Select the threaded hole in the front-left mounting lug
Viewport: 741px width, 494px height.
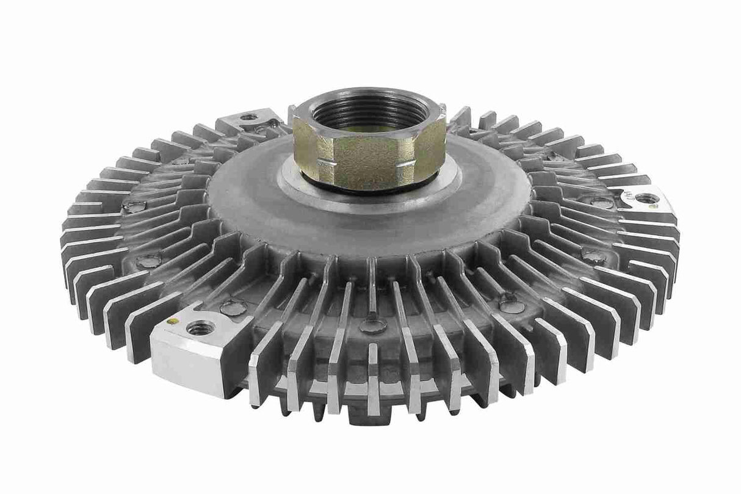point(200,329)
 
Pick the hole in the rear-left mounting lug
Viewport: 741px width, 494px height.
point(248,117)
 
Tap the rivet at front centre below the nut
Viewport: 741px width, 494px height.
point(372,325)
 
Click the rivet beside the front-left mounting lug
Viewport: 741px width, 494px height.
point(233,307)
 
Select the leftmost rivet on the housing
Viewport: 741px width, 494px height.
point(134,206)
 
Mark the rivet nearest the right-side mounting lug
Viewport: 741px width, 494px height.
point(601,202)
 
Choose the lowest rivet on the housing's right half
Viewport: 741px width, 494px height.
point(511,304)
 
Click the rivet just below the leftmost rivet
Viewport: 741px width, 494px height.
point(148,261)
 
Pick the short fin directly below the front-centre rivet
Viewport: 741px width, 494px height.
point(373,366)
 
